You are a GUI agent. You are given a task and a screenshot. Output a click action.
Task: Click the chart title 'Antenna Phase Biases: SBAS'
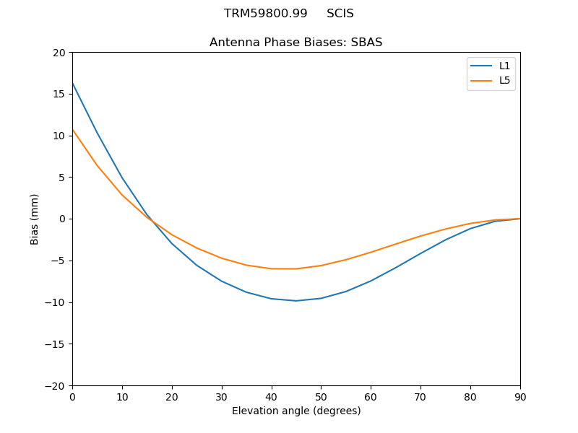[296, 43]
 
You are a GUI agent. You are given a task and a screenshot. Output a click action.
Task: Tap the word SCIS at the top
[340, 14]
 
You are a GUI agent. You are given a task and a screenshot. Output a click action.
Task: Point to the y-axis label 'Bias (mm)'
[35, 219]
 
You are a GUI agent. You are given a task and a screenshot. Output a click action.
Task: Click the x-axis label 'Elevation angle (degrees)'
[296, 411]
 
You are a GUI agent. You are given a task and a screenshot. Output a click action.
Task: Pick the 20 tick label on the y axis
[59, 53]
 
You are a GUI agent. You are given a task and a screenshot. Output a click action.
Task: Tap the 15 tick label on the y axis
[59, 94]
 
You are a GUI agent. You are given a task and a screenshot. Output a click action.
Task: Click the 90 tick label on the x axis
[519, 396]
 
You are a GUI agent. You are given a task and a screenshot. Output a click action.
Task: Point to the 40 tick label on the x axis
[271, 396]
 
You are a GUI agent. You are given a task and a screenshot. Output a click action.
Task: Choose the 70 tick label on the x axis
[420, 396]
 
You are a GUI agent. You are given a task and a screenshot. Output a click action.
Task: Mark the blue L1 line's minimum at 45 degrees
[296, 300]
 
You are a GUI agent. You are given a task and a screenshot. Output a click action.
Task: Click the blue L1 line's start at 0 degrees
[73, 84]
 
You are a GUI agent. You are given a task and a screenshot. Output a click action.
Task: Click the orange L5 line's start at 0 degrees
[73, 130]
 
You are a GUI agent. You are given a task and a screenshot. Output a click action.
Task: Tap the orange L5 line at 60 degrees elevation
[371, 253]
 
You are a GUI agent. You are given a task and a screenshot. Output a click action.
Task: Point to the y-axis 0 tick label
[62, 219]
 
